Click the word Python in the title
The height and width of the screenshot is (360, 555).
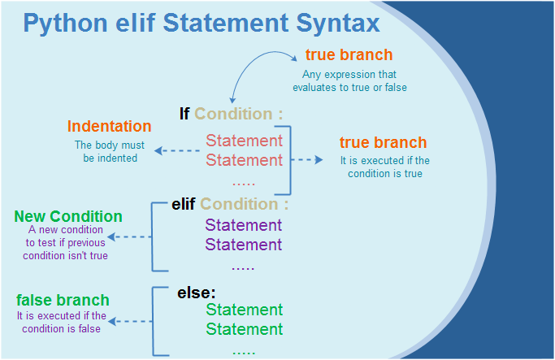tap(66, 24)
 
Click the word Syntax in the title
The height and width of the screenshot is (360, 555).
tap(338, 24)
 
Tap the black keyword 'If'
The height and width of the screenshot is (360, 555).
tap(184, 114)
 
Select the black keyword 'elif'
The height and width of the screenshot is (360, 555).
tap(184, 204)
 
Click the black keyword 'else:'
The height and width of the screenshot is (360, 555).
tap(197, 293)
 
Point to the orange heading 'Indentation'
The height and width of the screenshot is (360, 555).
tap(110, 126)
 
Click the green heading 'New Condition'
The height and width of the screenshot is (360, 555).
tap(68, 216)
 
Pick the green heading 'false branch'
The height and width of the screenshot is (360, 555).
tap(63, 300)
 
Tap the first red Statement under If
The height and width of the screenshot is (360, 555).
tap(245, 141)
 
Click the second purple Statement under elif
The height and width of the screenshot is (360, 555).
tap(244, 245)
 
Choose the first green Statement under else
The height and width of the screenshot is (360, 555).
tap(245, 310)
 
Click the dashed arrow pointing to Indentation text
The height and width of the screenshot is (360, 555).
tap(177, 151)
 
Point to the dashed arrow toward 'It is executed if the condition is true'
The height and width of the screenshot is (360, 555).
tap(306, 159)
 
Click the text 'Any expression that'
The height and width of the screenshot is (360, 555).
tap(349, 74)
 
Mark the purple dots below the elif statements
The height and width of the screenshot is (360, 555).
tap(243, 268)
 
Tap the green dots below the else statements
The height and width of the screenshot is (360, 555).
tap(244, 353)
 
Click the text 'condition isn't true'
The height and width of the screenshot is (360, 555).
tap(66, 255)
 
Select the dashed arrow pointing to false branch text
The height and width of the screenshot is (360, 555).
tap(130, 322)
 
